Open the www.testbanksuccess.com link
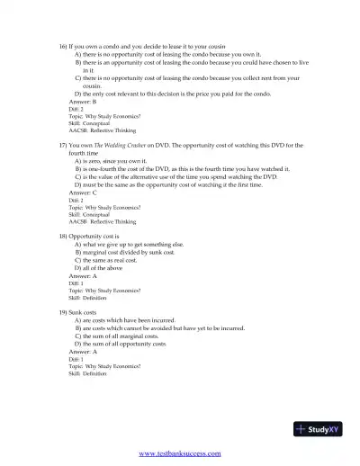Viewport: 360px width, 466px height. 180,453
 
